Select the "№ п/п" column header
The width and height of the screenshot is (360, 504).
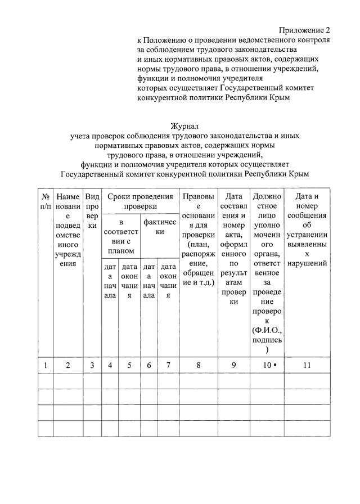[45, 201]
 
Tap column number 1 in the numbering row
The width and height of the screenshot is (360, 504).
[45, 365]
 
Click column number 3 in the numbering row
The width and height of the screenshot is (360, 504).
[92, 365]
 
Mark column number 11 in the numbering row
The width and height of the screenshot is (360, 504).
[307, 365]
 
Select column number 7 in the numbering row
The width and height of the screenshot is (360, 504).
[168, 365]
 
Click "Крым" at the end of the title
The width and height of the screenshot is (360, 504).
[298, 174]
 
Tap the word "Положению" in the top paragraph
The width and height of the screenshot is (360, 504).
[166, 40]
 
